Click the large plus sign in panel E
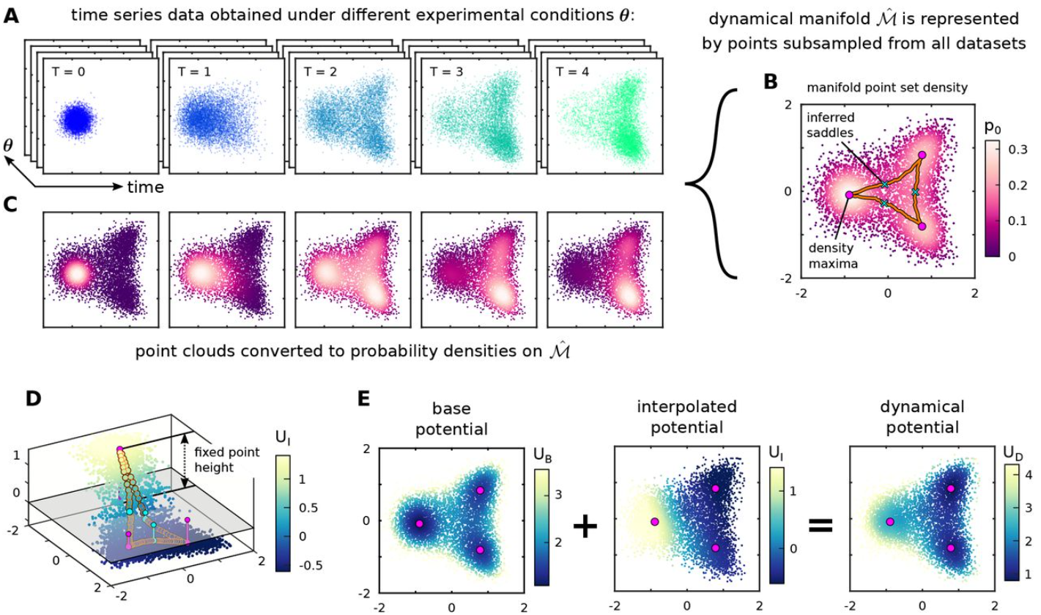[585, 526]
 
